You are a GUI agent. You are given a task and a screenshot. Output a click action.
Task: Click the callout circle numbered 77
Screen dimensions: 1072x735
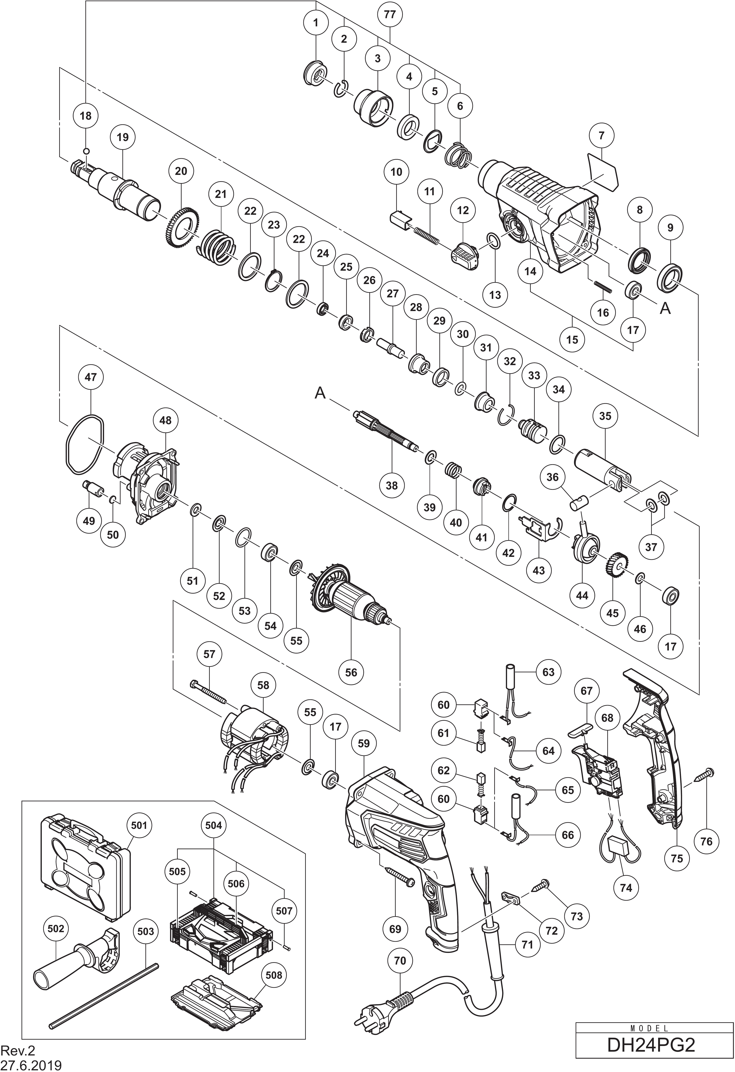[389, 14]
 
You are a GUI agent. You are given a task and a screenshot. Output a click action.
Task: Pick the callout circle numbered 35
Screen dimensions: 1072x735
[605, 416]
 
